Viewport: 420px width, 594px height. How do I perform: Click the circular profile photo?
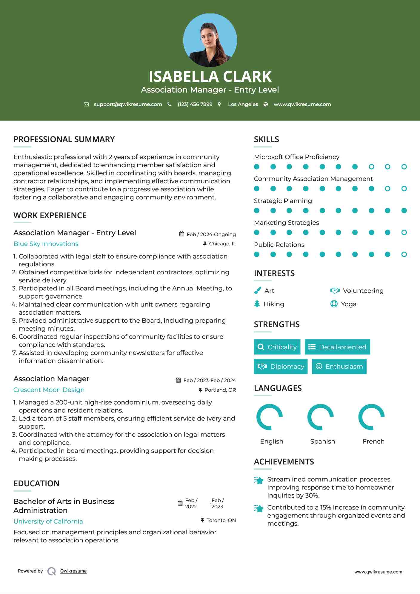click(210, 40)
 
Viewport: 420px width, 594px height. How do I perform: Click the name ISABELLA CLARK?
click(210, 76)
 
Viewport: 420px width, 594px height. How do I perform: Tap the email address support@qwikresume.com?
click(128, 104)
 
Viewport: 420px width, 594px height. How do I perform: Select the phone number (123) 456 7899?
click(195, 104)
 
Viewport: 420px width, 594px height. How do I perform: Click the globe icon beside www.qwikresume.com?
click(266, 104)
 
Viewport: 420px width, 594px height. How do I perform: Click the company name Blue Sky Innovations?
click(46, 244)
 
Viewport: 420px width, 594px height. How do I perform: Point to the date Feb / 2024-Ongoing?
click(211, 234)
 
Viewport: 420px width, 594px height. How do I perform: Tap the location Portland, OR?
click(220, 390)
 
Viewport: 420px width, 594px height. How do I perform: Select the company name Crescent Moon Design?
click(49, 390)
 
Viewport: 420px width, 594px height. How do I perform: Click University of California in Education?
click(48, 521)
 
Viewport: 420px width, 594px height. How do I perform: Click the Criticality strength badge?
click(277, 347)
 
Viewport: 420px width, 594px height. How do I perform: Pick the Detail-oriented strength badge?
click(337, 347)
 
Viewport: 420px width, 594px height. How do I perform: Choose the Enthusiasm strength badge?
click(339, 366)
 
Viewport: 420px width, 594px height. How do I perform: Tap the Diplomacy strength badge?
click(281, 366)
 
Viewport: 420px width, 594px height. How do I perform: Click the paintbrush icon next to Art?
click(257, 290)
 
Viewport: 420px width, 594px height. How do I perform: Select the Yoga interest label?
click(349, 304)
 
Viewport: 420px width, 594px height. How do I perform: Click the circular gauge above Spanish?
click(321, 417)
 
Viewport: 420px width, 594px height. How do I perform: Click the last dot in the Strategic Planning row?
click(404, 211)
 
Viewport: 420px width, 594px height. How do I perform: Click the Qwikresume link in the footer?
click(73, 571)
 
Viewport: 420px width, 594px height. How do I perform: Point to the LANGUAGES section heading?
click(278, 388)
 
